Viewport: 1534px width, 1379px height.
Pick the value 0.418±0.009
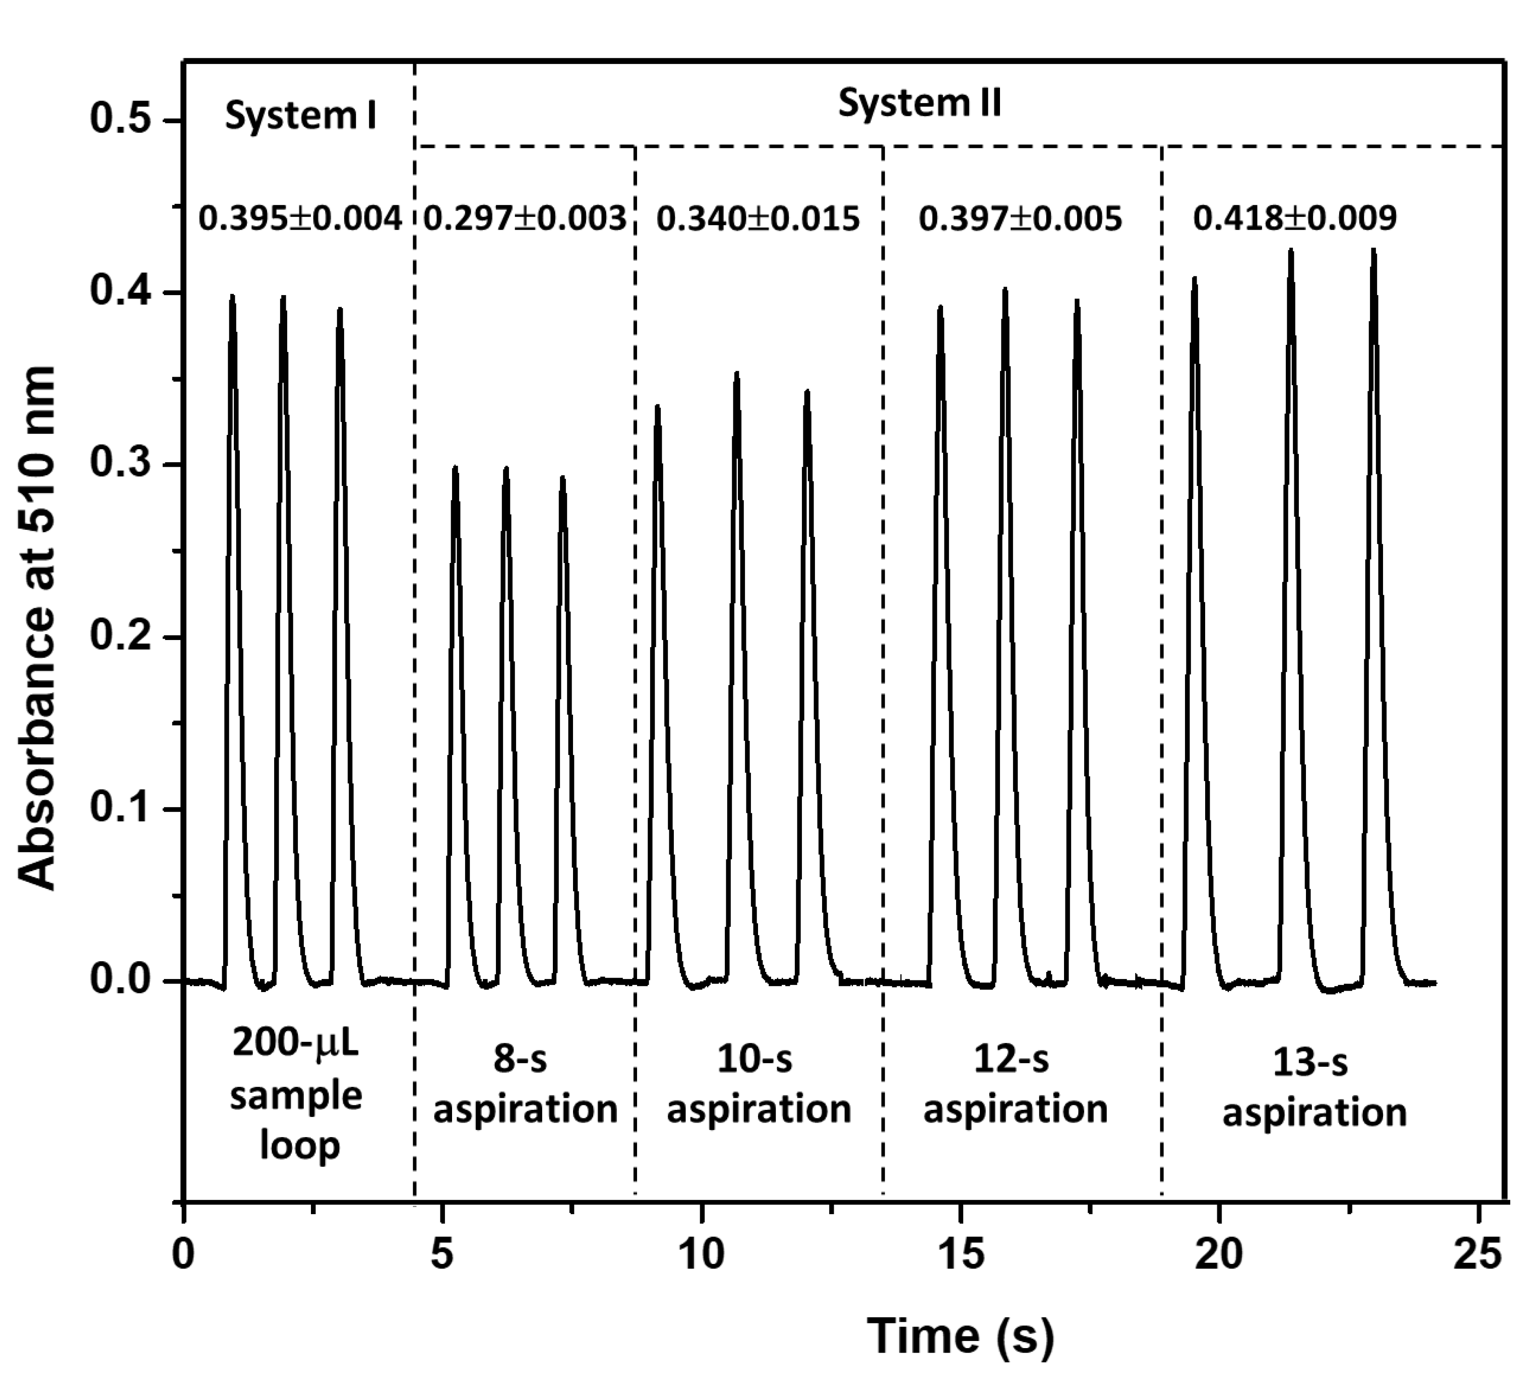click(1294, 218)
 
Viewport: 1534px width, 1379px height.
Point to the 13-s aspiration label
click(1314, 1087)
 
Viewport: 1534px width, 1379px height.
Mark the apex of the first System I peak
click(232, 296)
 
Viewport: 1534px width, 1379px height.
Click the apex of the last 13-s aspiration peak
click(1373, 249)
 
